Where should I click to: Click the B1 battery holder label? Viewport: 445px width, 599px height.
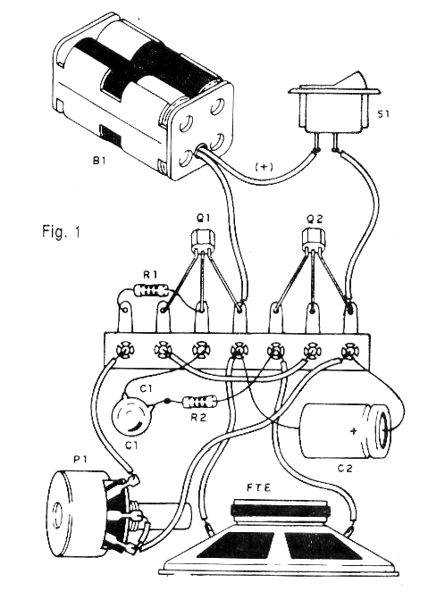tap(98, 161)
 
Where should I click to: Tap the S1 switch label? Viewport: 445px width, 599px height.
tap(382, 114)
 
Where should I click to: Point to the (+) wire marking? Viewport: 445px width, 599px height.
tap(263, 167)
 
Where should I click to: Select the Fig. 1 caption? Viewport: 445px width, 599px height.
tap(61, 232)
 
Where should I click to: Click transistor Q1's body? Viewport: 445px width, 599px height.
tap(203, 240)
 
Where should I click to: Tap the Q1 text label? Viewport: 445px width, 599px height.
tap(203, 219)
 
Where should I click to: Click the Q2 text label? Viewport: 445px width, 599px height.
tap(315, 219)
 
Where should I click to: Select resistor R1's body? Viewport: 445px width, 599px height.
tap(152, 291)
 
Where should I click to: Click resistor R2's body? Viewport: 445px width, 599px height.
tap(200, 402)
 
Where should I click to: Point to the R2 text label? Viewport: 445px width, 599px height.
tap(198, 417)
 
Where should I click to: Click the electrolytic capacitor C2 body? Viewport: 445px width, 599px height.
tap(344, 430)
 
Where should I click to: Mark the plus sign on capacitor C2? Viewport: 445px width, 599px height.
tap(354, 431)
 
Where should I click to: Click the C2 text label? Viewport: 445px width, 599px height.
tap(344, 469)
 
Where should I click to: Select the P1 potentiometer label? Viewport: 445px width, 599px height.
tap(80, 460)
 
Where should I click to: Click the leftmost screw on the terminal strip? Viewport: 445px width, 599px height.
tap(124, 349)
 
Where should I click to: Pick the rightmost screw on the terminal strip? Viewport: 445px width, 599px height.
tap(348, 350)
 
